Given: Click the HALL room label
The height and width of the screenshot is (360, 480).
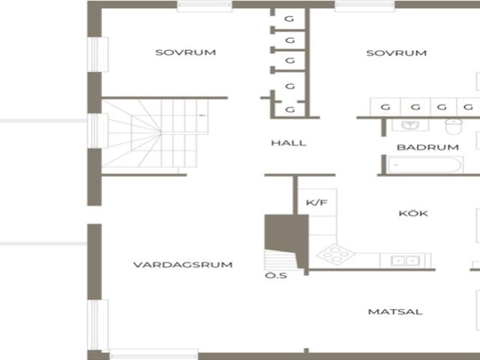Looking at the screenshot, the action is tap(289, 143).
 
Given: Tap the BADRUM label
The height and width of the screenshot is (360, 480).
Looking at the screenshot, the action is tap(427, 147).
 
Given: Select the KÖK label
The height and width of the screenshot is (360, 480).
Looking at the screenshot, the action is tap(413, 213).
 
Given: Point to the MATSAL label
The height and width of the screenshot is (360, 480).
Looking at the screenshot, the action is tap(395, 312).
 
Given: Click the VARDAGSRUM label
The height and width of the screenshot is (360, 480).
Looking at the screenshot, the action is tap(183, 265).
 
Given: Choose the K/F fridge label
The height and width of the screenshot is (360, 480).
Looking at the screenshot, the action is tap(316, 202).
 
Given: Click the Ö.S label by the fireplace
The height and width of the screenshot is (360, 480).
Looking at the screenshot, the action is tap(276, 275).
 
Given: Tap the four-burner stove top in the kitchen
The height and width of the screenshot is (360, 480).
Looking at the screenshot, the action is tap(336, 254).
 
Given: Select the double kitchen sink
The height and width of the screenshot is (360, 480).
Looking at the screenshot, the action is tap(405, 261).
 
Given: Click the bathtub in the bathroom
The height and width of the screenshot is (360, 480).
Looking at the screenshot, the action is tap(425, 165).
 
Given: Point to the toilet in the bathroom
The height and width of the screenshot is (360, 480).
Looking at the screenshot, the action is tap(454, 127).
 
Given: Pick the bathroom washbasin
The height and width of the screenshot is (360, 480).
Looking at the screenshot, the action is tap(410, 125).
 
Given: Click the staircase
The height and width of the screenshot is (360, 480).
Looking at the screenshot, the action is tap(154, 133).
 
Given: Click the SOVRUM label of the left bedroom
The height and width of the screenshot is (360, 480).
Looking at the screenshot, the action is tap(185, 52).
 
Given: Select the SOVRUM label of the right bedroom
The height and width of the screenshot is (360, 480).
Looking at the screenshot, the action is tap(397, 53).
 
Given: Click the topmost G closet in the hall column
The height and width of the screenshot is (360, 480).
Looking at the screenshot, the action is tap(289, 19).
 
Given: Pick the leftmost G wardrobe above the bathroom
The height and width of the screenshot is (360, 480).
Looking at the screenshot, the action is tap(385, 107).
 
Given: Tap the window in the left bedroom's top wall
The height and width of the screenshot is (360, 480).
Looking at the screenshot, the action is tap(205, 7).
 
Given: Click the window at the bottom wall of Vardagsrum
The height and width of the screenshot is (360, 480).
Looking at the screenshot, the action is tap(154, 354).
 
